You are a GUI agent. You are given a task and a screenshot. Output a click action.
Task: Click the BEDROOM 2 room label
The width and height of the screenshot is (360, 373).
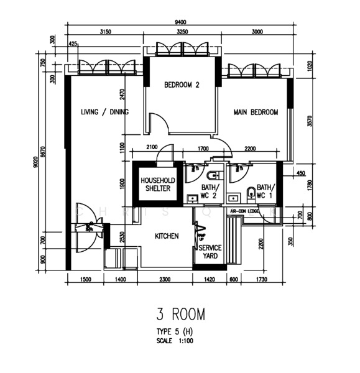coord(182,85)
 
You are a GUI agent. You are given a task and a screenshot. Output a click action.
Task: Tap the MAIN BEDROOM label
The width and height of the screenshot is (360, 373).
coord(255,113)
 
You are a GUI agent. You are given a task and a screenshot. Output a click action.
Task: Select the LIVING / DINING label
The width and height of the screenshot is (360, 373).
coord(104,112)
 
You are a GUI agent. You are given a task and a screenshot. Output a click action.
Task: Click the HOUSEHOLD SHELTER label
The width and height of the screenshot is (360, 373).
coord(156,184)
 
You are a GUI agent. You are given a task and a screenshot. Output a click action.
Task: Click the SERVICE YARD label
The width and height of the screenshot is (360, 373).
coord(210,251)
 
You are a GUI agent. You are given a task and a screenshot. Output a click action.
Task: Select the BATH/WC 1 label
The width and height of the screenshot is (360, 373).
coord(264,191)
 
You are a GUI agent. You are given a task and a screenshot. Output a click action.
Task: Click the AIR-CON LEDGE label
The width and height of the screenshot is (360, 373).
coord(244,211)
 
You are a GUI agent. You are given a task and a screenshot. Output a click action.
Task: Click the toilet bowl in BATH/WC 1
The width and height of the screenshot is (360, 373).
coord(251,192)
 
